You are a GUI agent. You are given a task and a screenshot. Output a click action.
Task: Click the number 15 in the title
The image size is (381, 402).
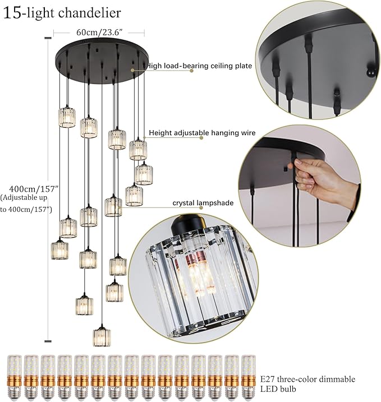tap(12, 12)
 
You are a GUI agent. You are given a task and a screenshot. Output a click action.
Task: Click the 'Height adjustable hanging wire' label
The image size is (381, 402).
tap(203, 133)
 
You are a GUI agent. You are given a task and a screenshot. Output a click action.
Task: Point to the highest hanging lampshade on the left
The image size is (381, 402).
tap(67, 117)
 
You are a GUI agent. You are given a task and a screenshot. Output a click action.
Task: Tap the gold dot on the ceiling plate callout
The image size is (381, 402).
tap(132, 71)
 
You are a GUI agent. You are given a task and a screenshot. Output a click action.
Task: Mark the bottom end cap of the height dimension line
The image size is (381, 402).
tap(48, 339)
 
